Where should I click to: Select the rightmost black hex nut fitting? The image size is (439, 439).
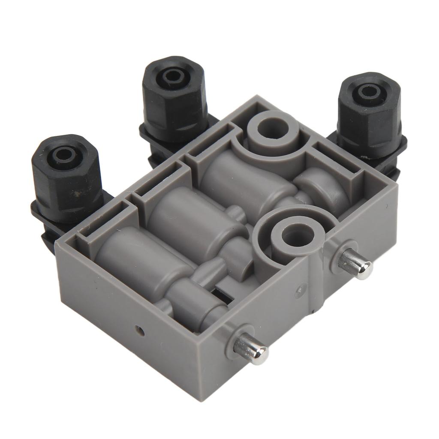(369, 116)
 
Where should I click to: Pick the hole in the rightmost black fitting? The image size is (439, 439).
(367, 91)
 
